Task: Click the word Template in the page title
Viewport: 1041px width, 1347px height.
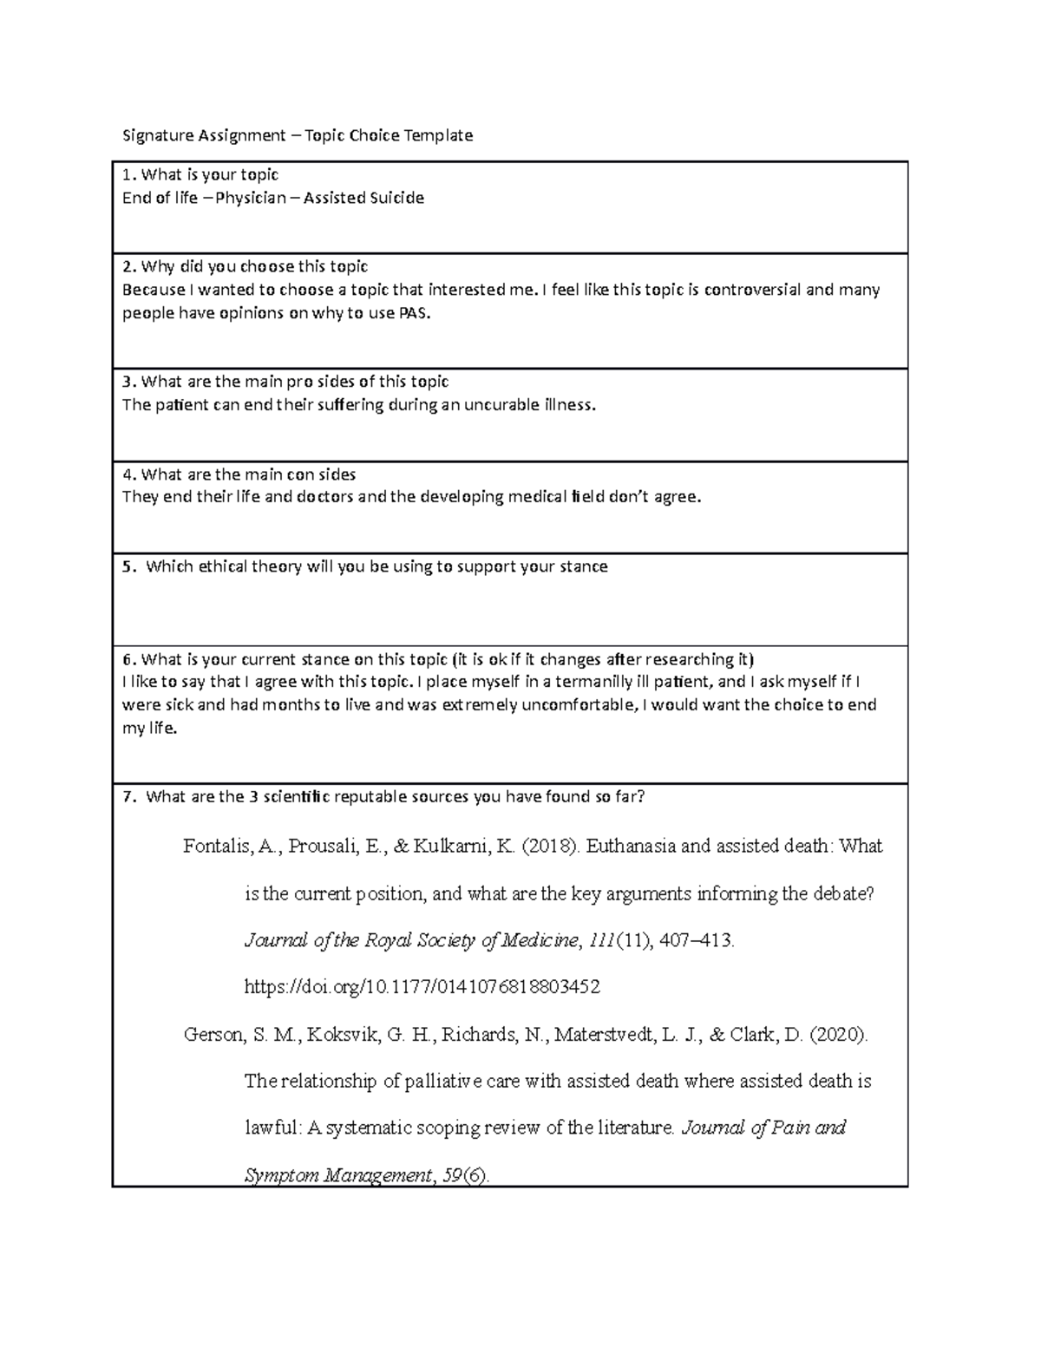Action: click(x=439, y=135)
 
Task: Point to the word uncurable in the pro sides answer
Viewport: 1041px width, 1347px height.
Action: click(x=501, y=405)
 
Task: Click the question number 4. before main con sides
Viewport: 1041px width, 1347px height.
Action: click(x=129, y=474)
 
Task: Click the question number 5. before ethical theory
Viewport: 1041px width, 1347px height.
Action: click(x=129, y=567)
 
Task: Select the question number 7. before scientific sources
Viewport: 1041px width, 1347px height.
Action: click(x=129, y=798)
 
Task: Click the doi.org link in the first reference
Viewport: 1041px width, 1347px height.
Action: click(x=422, y=987)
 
